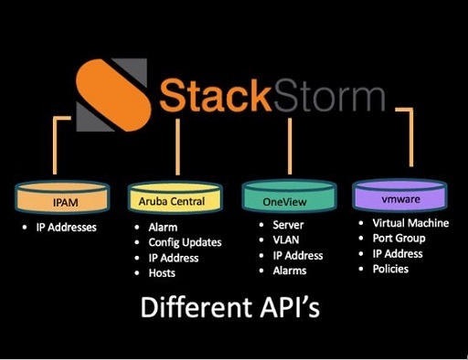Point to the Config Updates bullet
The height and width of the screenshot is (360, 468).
pyautogui.click(x=184, y=242)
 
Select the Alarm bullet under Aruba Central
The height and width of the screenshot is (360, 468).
pyautogui.click(x=165, y=227)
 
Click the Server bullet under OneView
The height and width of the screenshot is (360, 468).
pyautogui.click(x=290, y=225)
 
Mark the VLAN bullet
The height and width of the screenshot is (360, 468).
pyautogui.click(x=287, y=240)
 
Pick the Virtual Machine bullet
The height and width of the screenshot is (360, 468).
pyautogui.click(x=412, y=223)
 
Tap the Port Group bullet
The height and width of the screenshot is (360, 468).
pyautogui.click(x=401, y=238)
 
